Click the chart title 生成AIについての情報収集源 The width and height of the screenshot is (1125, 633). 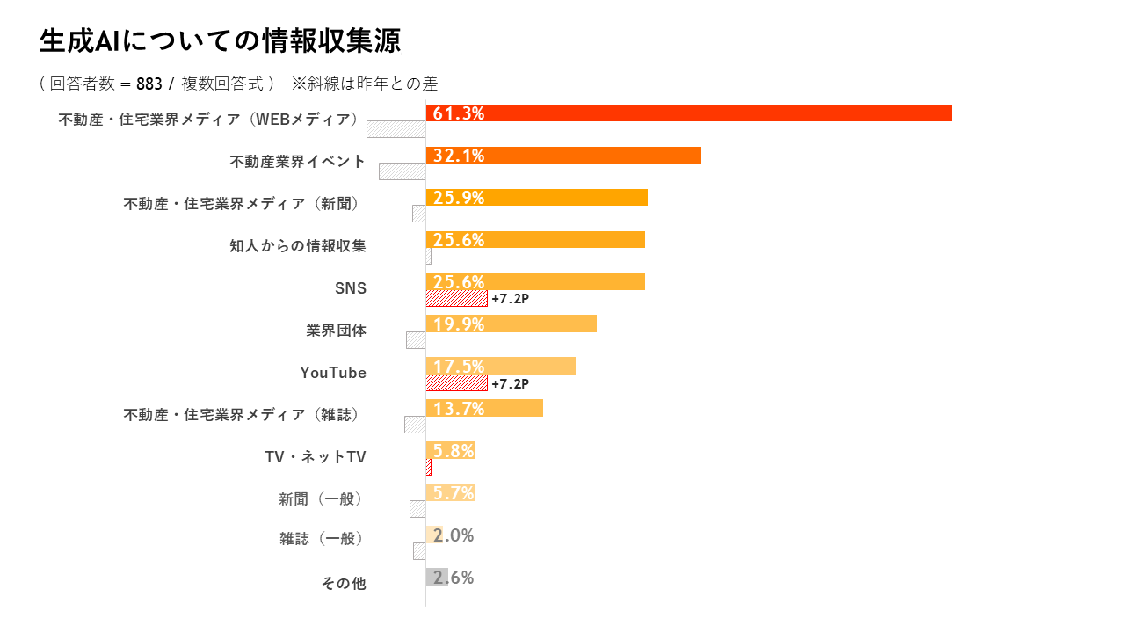[220, 40]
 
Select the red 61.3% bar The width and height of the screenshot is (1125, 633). [688, 113]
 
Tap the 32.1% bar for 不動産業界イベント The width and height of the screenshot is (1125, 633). [563, 156]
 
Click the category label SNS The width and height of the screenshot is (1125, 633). [351, 288]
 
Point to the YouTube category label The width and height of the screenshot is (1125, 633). [333, 373]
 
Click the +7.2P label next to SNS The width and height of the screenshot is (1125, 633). [511, 299]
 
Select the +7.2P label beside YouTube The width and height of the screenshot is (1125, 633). [511, 383]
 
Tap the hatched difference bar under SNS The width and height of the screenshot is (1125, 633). [456, 299]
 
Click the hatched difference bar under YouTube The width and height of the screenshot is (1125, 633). [456, 383]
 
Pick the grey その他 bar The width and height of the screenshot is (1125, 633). [437, 577]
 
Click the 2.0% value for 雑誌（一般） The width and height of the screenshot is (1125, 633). [454, 535]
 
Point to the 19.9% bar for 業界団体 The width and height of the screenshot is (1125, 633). [511, 324]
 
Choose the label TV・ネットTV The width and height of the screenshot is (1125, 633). [316, 457]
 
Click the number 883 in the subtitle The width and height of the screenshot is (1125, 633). [149, 84]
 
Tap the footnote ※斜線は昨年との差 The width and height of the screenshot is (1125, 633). [365, 84]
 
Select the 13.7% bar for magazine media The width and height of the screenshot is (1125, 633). [484, 408]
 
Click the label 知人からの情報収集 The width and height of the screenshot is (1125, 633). [298, 246]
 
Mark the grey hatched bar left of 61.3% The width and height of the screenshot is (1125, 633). [396, 129]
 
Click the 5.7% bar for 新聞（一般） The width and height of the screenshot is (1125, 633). [450, 492]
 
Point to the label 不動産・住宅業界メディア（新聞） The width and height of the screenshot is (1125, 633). [243, 204]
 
